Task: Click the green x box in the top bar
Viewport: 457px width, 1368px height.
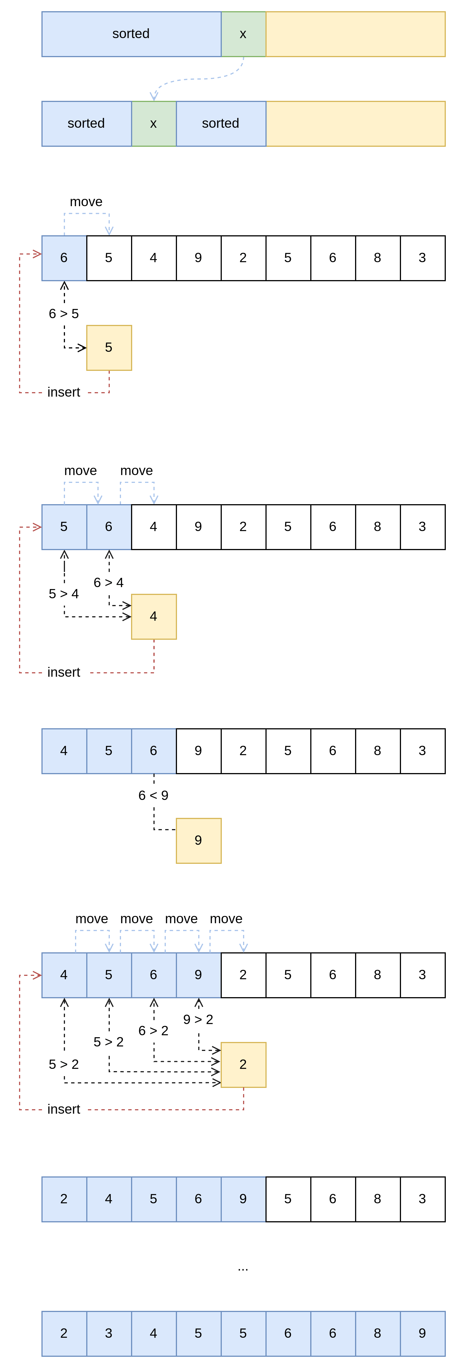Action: pyautogui.click(x=243, y=34)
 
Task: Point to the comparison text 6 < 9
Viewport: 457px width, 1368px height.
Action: pyautogui.click(x=153, y=795)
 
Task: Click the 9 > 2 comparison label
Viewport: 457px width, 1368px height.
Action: pyautogui.click(x=198, y=1019)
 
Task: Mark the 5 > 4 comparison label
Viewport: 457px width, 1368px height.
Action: pyautogui.click(x=64, y=594)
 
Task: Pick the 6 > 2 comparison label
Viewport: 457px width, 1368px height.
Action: pyautogui.click(x=153, y=1030)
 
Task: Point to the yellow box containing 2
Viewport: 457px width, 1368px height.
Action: pyautogui.click(x=243, y=1065)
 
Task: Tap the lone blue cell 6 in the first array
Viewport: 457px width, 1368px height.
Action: pyautogui.click(x=64, y=258)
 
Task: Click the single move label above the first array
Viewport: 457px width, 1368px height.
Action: pyautogui.click(x=86, y=202)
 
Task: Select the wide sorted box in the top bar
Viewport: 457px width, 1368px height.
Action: pyautogui.click(x=131, y=34)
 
